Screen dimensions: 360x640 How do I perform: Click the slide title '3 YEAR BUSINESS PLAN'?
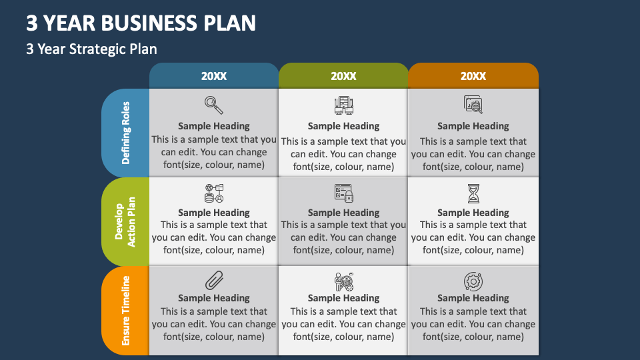pyautogui.click(x=141, y=23)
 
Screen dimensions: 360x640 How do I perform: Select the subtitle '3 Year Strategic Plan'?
pyautogui.click(x=92, y=49)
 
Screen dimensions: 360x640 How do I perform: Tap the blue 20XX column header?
pyautogui.click(x=214, y=76)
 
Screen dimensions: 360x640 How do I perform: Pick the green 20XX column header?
pyautogui.click(x=343, y=76)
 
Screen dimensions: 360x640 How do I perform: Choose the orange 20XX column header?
pyautogui.click(x=473, y=76)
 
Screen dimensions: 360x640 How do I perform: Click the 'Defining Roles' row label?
pyautogui.click(x=126, y=133)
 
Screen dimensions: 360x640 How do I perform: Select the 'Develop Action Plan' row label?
pyautogui.click(x=125, y=221)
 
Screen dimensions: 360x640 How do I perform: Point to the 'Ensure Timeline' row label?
pyautogui.click(x=126, y=311)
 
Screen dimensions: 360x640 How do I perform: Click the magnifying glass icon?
pyautogui.click(x=214, y=105)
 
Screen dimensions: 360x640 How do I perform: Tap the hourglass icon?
pyautogui.click(x=473, y=193)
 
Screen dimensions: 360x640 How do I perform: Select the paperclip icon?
pyautogui.click(x=214, y=280)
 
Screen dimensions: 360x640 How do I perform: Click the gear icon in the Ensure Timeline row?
pyautogui.click(x=473, y=281)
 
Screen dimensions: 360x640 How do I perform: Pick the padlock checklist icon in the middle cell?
pyautogui.click(x=343, y=193)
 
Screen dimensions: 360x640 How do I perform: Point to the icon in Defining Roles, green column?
pyautogui.click(x=343, y=105)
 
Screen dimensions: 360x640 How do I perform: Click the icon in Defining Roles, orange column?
pyautogui.click(x=473, y=105)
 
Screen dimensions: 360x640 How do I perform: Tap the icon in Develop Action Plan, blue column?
pyautogui.click(x=214, y=193)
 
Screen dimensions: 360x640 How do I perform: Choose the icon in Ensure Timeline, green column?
pyautogui.click(x=343, y=281)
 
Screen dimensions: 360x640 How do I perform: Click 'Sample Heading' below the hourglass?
pyautogui.click(x=473, y=213)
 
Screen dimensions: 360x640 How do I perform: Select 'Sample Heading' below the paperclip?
pyautogui.click(x=214, y=298)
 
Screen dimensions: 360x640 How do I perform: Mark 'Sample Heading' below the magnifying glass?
pyautogui.click(x=214, y=126)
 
